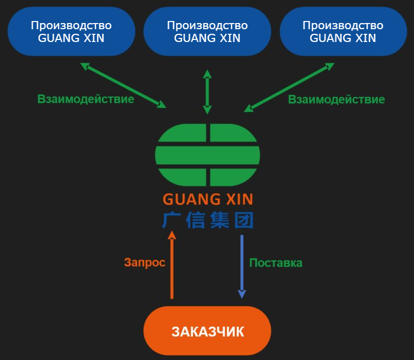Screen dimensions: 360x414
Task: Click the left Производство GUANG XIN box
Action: pyautogui.click(x=71, y=31)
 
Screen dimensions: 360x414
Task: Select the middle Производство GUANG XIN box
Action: pyautogui.click(x=207, y=31)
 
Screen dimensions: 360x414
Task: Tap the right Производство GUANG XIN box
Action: pyautogui.click(x=343, y=31)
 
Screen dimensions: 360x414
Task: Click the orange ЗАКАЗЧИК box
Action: pyautogui.click(x=207, y=331)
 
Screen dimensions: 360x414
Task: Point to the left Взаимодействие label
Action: pyautogui.click(x=85, y=99)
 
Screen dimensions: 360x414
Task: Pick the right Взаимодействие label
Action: pyautogui.click(x=336, y=99)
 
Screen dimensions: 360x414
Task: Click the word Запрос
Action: pyautogui.click(x=144, y=263)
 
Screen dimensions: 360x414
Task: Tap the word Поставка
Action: pyautogui.click(x=275, y=263)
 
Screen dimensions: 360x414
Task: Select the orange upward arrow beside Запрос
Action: pyautogui.click(x=172, y=266)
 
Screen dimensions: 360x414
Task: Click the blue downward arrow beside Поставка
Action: pyautogui.click(x=242, y=266)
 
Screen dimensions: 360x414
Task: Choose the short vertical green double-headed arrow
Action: pyautogui.click(x=207, y=92)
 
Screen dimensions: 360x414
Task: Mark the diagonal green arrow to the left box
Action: pyautogui.click(x=123, y=86)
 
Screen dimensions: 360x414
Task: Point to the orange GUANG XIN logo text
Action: pyautogui.click(x=207, y=199)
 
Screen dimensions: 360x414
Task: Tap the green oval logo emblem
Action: pyautogui.click(x=207, y=155)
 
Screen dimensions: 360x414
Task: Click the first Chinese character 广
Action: pyautogui.click(x=172, y=220)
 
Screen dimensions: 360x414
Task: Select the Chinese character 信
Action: pyautogui.click(x=196, y=220)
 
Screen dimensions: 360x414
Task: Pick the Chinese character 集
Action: pyautogui.click(x=220, y=220)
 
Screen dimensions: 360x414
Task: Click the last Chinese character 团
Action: pyautogui.click(x=244, y=220)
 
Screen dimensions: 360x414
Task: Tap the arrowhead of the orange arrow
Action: pyautogui.click(x=172, y=235)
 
